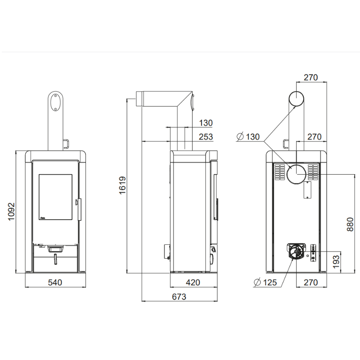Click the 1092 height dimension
(11, 211)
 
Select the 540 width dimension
(55, 283)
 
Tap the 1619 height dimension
(122, 185)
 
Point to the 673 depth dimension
(179, 297)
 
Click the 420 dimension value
(193, 283)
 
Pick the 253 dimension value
(206, 137)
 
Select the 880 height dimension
(350, 224)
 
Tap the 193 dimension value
(336, 261)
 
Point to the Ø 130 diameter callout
(248, 137)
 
